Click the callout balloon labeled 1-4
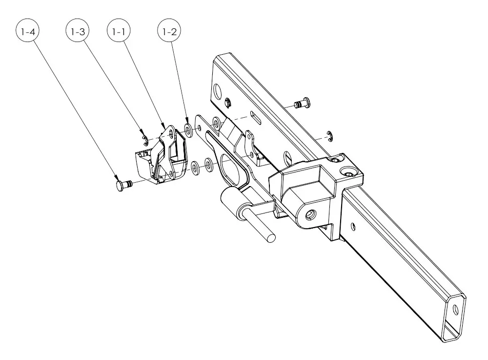28,31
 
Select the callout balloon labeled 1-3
78,31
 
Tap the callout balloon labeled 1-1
119,31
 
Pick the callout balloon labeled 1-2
170,31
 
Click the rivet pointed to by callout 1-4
124,185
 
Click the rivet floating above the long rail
302,103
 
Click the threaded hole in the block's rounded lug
310,214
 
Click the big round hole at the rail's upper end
217,90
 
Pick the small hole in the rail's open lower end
456,309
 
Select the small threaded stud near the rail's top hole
228,102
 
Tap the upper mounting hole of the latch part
171,133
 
